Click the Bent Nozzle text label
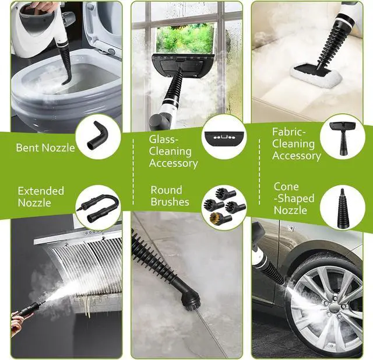(x=45, y=148)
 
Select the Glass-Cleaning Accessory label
(x=173, y=152)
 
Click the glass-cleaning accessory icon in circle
(x=222, y=137)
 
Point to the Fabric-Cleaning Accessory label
(x=296, y=144)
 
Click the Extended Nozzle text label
(x=41, y=197)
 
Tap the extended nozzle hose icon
(x=100, y=207)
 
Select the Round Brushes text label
(x=170, y=196)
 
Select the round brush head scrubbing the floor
(x=190, y=301)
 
